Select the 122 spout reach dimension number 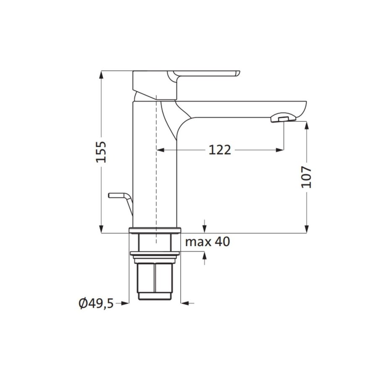(220, 150)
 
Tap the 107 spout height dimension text (307, 177)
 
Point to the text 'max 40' (207, 242)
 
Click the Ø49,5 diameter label (96, 303)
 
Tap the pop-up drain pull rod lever (120, 196)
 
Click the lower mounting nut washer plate (155, 253)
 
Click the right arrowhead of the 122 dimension (278, 150)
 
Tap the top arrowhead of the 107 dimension (307, 125)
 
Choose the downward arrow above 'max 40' (205, 227)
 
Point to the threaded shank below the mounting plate (155, 279)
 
